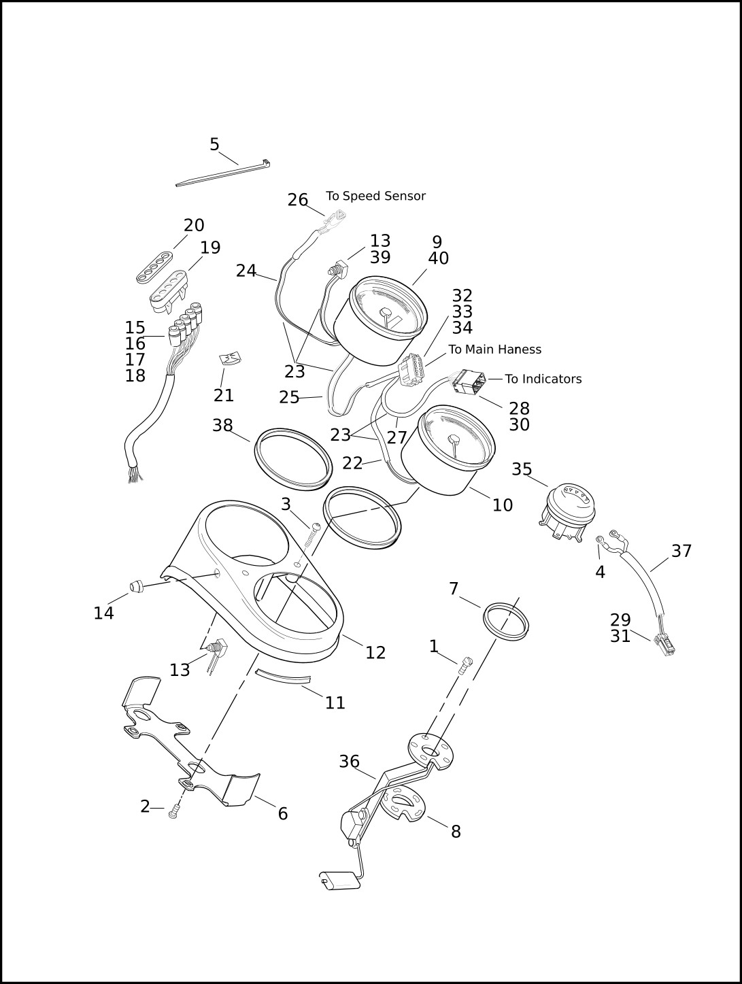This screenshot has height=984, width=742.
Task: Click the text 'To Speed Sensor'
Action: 375,196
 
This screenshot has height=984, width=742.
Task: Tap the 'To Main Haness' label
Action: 494,350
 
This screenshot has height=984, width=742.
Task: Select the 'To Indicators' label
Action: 543,379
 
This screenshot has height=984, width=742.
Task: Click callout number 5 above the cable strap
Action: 214,144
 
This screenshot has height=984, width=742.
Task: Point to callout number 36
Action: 349,762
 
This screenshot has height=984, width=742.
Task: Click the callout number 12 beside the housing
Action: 375,652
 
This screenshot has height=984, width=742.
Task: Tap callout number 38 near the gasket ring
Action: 222,425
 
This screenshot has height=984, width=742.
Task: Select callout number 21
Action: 224,395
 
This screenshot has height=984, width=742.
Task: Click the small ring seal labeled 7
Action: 505,620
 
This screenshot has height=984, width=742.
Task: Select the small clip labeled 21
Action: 229,358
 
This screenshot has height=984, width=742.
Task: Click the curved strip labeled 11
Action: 282,677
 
